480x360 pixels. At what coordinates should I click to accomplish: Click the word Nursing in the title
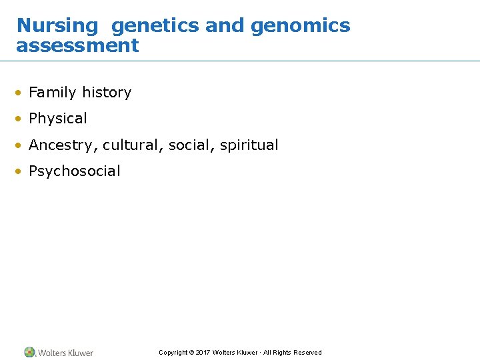coord(57,26)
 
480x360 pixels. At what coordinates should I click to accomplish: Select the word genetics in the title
coord(155,26)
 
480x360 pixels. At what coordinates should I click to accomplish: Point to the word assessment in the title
coord(77,46)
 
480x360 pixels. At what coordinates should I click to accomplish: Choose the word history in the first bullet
coord(107,93)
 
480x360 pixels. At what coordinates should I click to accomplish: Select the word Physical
coord(58,119)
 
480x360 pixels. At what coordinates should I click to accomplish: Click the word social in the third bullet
coord(188,145)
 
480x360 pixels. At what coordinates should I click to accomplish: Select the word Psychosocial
coord(75,171)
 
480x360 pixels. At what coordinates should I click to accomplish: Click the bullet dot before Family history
coord(21,93)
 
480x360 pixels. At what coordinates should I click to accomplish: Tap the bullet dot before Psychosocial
coord(21,172)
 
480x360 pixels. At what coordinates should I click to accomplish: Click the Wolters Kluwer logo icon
coord(29,352)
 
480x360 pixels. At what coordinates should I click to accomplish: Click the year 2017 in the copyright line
coord(203,353)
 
